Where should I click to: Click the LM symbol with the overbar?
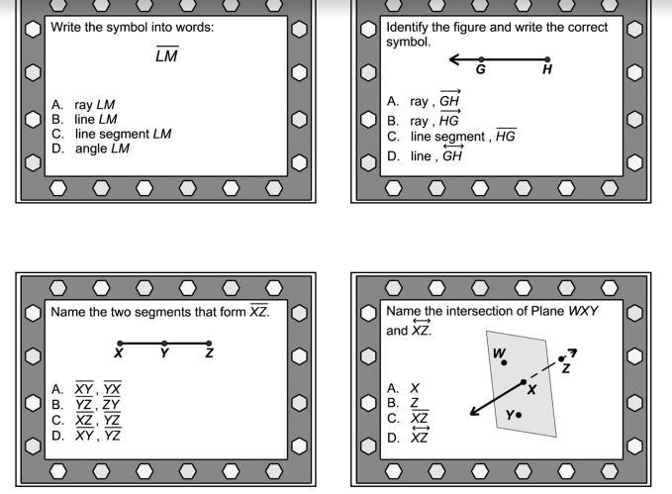[x=167, y=56]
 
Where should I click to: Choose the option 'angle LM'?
[x=102, y=148]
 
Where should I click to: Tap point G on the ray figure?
[x=481, y=59]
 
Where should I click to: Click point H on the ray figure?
[x=547, y=59]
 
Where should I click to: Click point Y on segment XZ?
[x=164, y=344]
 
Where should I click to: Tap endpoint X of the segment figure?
[x=120, y=344]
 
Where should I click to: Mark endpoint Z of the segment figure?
[x=209, y=344]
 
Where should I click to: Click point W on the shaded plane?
[x=504, y=362]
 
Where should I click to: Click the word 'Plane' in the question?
[x=546, y=311]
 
